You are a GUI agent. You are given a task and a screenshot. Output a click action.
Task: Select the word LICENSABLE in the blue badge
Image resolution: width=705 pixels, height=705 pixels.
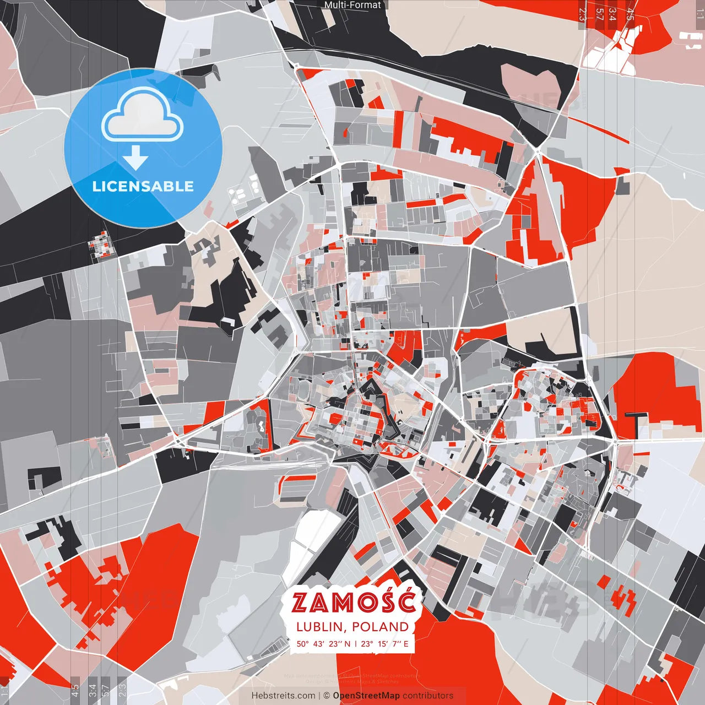coord(143,186)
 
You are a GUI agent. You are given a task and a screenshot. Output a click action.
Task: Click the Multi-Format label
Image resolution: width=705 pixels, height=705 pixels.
coord(352,5)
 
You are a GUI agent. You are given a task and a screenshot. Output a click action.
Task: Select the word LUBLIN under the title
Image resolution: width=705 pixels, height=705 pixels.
coord(321,627)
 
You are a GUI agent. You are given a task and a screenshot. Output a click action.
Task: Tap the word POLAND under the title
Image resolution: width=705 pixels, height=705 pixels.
coord(380,627)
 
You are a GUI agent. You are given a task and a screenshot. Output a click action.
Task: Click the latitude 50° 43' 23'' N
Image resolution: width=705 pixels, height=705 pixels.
coord(323,643)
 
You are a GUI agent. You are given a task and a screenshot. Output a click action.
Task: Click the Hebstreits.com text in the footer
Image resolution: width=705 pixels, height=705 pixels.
coord(284,696)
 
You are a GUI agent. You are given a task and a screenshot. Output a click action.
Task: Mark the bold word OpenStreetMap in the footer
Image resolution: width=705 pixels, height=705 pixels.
coord(366,696)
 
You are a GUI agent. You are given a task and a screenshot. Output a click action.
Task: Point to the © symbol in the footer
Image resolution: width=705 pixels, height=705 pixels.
coord(327,696)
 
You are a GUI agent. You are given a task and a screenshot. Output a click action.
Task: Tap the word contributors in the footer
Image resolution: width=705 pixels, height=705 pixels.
coord(428,696)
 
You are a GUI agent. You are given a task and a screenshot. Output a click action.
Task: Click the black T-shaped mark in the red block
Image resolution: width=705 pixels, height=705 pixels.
coord(637,422)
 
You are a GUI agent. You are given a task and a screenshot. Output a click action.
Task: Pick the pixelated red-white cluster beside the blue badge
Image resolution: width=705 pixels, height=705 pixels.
coord(101,245)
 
